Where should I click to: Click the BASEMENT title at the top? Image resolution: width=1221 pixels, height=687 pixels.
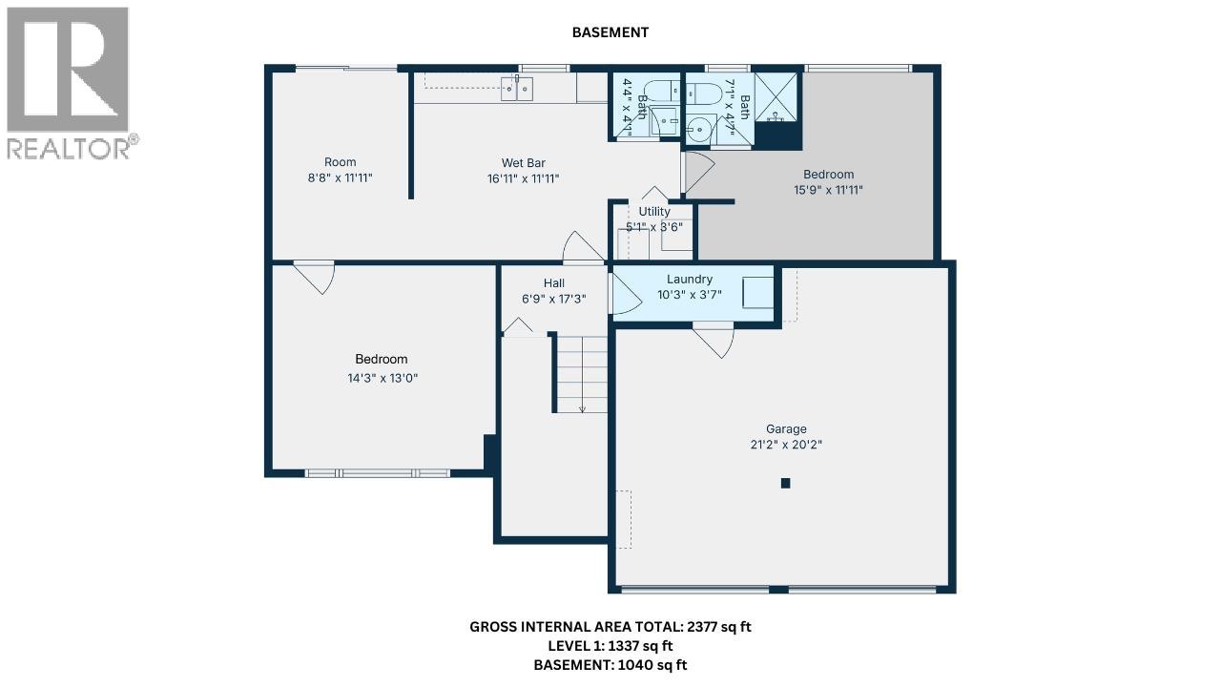[x=610, y=32]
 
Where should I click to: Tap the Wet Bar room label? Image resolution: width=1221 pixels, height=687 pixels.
[x=523, y=163]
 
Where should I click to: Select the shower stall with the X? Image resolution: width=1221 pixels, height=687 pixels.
[x=777, y=95]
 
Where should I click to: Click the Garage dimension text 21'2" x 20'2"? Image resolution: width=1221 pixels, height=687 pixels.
[x=786, y=445]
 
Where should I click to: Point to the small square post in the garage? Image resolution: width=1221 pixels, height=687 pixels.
[x=786, y=483]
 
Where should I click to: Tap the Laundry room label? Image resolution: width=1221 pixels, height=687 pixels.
[x=690, y=280]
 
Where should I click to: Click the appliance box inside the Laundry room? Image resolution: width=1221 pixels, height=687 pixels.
[x=757, y=292]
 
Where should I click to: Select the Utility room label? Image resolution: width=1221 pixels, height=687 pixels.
[x=654, y=212]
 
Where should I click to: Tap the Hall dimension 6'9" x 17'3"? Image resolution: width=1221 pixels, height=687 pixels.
[x=553, y=299]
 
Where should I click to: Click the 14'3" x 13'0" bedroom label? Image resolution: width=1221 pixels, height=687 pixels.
[x=382, y=378]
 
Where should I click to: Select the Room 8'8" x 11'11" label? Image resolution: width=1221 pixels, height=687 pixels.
[x=340, y=162]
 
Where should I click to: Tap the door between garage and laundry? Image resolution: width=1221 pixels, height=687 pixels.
[x=714, y=340]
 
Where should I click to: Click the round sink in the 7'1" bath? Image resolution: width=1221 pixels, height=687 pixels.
[x=703, y=127]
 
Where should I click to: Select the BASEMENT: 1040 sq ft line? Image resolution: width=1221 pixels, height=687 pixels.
[x=610, y=665]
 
